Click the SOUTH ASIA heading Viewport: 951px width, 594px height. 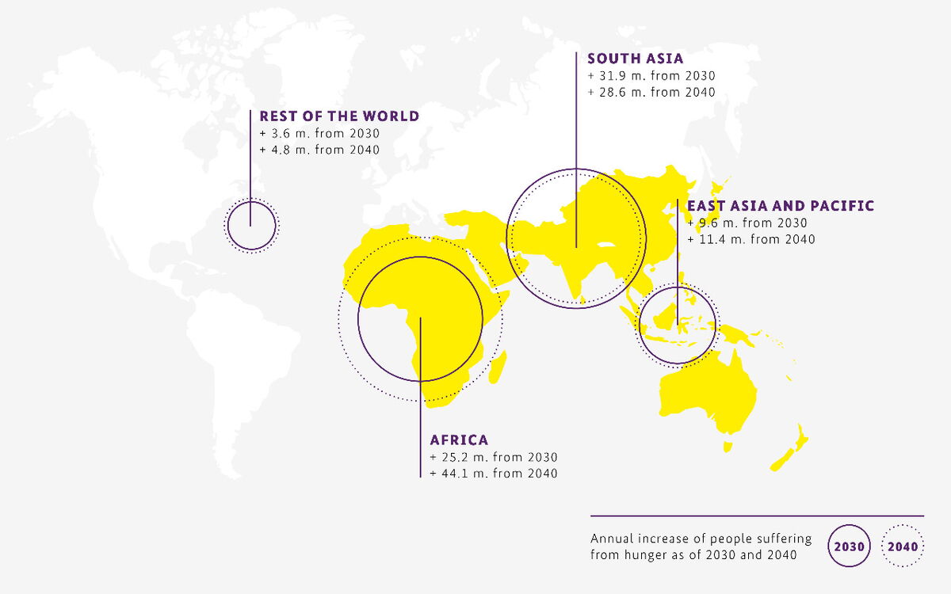click(x=635, y=59)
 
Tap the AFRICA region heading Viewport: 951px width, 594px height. click(x=459, y=440)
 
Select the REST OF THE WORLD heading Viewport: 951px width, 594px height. click(x=339, y=116)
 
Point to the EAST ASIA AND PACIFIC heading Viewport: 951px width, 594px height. click(x=781, y=206)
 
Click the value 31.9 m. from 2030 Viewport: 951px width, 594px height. click(x=651, y=76)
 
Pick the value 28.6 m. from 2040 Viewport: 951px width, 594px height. click(x=651, y=93)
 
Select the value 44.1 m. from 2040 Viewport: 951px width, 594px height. click(x=494, y=474)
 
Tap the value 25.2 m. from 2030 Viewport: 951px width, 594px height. click(x=494, y=458)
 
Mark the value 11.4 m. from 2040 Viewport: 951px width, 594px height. click(x=750, y=239)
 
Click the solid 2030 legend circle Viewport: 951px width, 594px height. click(x=850, y=546)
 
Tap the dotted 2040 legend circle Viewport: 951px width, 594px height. click(x=903, y=546)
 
